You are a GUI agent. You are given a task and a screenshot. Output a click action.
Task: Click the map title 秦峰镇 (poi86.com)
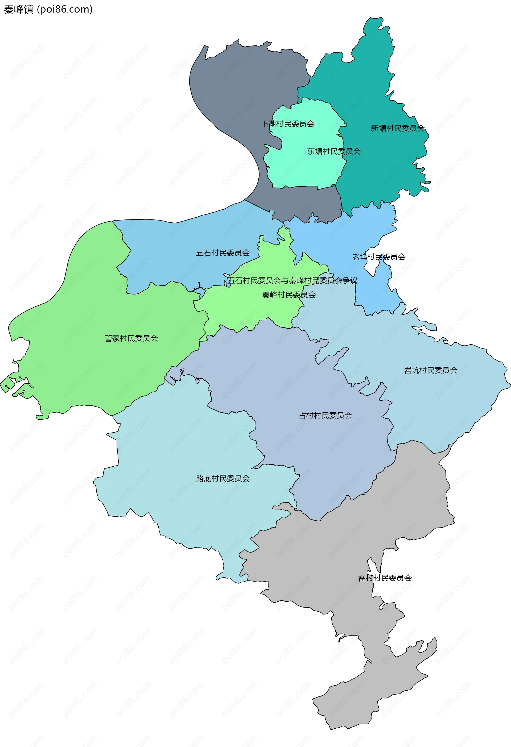(x=48, y=9)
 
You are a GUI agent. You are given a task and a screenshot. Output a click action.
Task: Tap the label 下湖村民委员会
(x=287, y=124)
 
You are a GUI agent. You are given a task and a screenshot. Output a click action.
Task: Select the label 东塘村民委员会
(x=333, y=151)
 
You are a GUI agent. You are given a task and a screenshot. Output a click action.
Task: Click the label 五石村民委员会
(x=223, y=253)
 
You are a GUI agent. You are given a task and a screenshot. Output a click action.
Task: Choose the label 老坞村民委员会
(x=378, y=257)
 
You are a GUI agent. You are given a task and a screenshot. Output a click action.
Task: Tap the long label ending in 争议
(x=292, y=281)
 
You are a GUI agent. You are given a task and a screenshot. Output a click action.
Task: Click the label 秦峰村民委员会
(x=289, y=295)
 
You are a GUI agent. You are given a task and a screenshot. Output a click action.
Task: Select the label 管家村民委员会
(x=131, y=338)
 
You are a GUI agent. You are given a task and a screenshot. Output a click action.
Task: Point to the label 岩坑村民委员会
(x=430, y=370)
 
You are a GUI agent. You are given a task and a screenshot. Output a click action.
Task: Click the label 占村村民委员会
(x=325, y=415)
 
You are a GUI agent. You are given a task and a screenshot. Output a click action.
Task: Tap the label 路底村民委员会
(x=223, y=479)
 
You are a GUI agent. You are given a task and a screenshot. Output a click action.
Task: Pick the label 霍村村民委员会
(x=385, y=578)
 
